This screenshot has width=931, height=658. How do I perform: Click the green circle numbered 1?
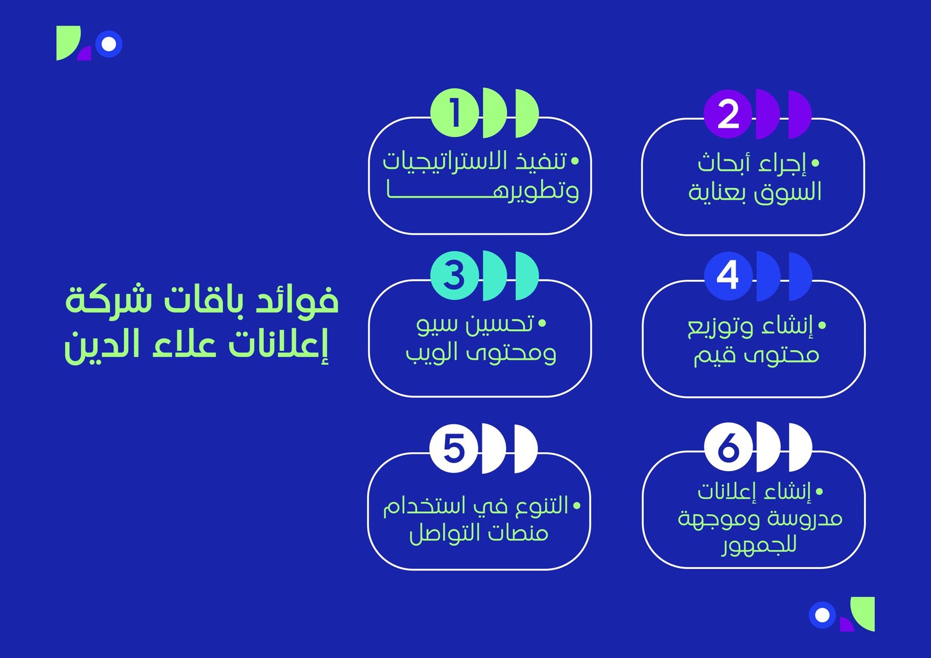454,113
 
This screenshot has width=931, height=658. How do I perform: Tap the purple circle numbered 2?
728,114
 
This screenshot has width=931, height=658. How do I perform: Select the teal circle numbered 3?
454,275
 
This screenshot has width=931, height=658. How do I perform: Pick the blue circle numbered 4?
728,276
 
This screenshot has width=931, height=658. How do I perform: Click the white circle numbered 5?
454,448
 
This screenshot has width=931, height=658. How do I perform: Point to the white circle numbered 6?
728,447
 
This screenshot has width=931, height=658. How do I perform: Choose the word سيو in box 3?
436,324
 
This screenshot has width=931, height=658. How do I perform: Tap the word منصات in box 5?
518,533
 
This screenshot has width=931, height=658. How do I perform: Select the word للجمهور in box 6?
759,546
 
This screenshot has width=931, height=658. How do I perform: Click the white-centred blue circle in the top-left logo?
109,44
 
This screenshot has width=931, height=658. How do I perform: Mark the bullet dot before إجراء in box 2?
815,164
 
